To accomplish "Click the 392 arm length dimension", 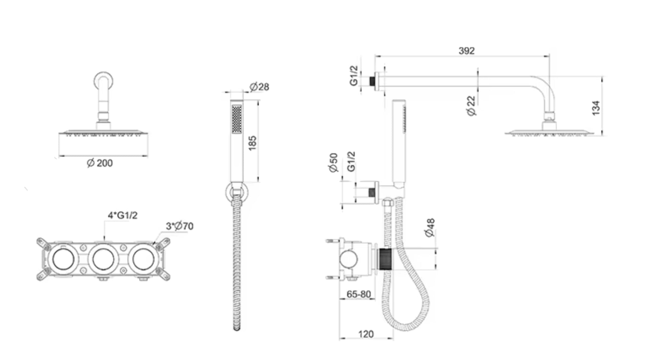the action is coord(467,51).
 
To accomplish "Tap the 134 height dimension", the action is coord(596,108).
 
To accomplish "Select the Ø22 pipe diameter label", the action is coord(471,106).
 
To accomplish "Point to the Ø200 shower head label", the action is coord(100,163).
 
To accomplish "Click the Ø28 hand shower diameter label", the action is coord(259,87).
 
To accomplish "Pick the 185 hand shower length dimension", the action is coord(253,143).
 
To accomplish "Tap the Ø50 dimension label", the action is coord(334,163).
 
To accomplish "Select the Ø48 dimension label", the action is coord(430,228).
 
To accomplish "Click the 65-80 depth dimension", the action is coord(359,294).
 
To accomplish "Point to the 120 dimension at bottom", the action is coord(366,334).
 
